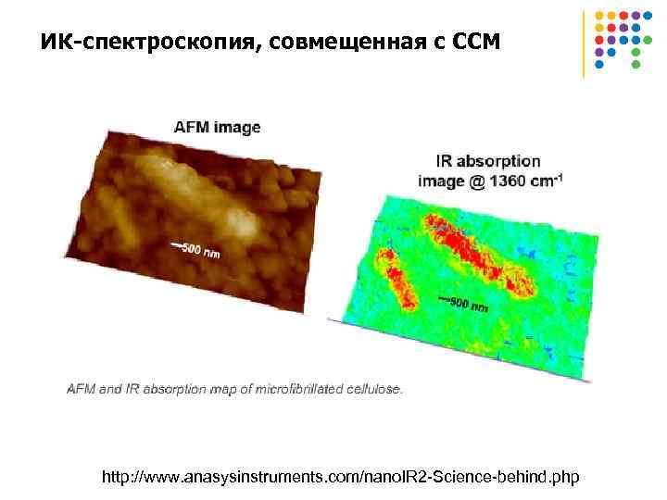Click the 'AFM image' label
click(x=218, y=127)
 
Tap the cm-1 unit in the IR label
click(x=546, y=181)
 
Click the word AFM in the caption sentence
click(x=80, y=389)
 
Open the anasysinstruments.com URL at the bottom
click(x=340, y=477)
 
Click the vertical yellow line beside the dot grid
click(x=584, y=43)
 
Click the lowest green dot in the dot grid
click(x=636, y=65)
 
